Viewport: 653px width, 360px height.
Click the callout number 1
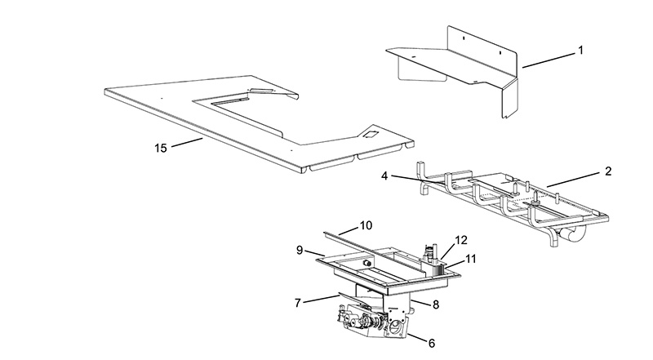click(580, 51)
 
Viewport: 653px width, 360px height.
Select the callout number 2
click(608, 171)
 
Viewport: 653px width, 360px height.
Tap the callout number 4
click(384, 176)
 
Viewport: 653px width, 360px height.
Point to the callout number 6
click(432, 344)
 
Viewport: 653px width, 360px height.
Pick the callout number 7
click(297, 303)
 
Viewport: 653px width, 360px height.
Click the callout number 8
click(436, 304)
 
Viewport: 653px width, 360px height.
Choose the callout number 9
click(300, 251)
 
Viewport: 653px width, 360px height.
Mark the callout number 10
click(366, 225)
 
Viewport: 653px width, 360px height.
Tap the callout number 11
click(470, 259)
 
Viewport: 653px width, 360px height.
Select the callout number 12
click(461, 240)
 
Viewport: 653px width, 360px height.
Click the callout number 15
click(161, 148)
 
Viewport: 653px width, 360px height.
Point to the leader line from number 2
click(574, 180)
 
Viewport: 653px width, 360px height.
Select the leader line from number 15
click(187, 143)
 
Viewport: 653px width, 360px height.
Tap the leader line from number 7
click(320, 299)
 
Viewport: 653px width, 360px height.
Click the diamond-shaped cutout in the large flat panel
click(369, 134)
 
